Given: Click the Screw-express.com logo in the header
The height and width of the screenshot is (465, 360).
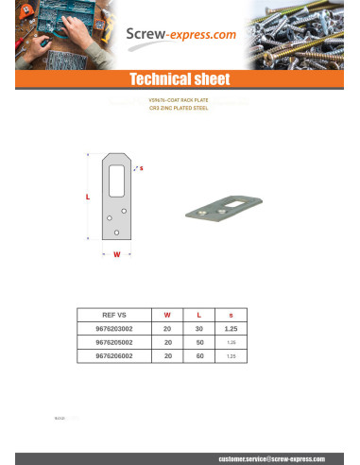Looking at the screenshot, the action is [180, 37].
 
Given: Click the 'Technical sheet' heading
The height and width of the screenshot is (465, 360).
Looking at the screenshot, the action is [180, 78].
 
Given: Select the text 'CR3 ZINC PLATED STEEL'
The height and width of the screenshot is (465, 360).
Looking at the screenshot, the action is [180, 108].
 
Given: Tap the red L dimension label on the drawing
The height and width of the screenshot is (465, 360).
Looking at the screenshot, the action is [88, 198].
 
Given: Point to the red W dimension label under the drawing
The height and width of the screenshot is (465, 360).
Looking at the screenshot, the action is [116, 254].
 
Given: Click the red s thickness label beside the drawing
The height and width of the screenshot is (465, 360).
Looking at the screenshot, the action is [141, 167].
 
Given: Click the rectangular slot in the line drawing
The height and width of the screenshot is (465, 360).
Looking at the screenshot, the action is [116, 177].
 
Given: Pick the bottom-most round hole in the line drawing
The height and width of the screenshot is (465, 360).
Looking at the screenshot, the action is [115, 232].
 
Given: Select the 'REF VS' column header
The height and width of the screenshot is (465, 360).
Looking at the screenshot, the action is [113, 315].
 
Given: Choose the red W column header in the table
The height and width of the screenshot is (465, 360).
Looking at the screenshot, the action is [167, 315].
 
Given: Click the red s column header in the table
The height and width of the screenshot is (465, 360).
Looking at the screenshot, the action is [231, 315].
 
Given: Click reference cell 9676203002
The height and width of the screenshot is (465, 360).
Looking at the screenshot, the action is [114, 328].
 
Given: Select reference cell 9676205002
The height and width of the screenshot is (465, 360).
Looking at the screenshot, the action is [114, 342].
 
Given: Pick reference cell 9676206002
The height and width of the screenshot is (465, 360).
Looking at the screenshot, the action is [114, 355].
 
